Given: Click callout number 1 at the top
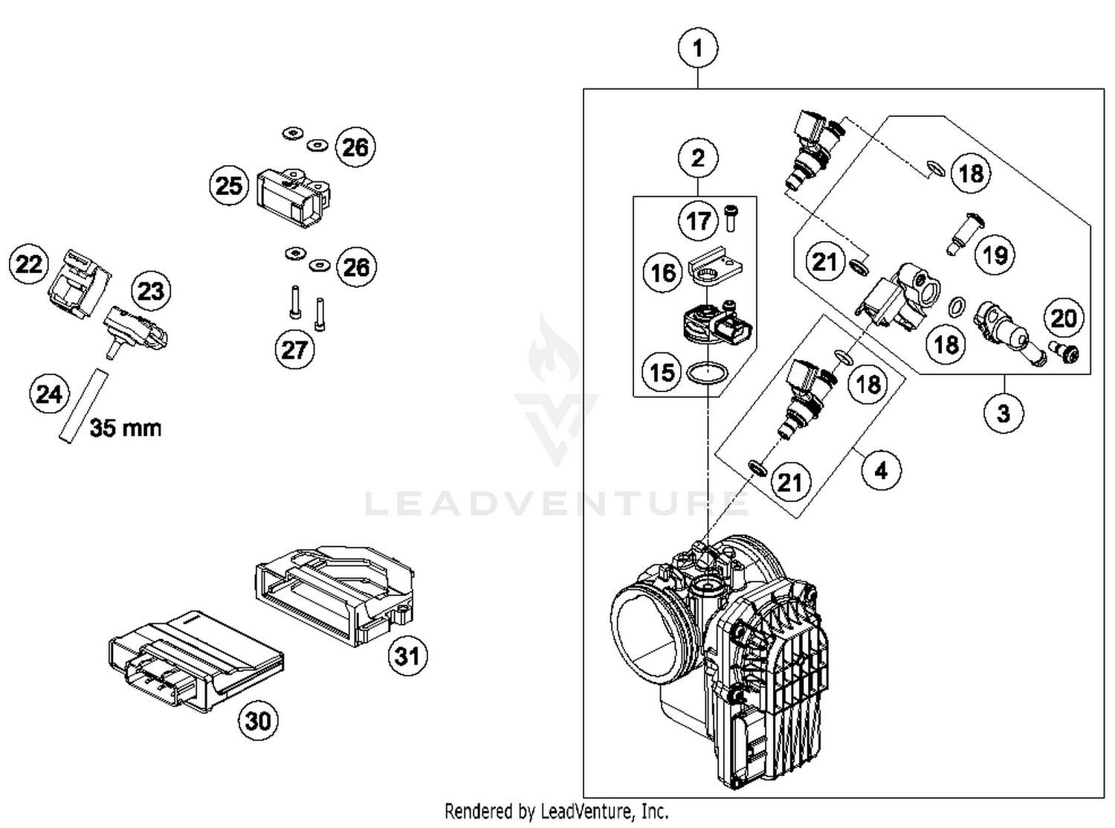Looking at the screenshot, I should click(x=697, y=48).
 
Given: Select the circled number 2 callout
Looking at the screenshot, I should click(x=697, y=158).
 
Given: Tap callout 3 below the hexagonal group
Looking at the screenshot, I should click(x=1003, y=413).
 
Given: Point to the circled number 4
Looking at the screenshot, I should click(x=881, y=471).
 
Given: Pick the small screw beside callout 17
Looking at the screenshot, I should click(x=730, y=218).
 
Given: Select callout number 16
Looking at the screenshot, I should click(x=662, y=273).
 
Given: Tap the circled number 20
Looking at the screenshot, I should click(x=1064, y=318).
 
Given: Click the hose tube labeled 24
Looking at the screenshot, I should click(x=83, y=406).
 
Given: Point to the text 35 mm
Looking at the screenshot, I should click(x=126, y=429).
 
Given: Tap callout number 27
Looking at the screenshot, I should click(x=294, y=349).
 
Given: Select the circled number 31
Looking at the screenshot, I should click(x=407, y=656).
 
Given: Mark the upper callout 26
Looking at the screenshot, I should click(x=355, y=147).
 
